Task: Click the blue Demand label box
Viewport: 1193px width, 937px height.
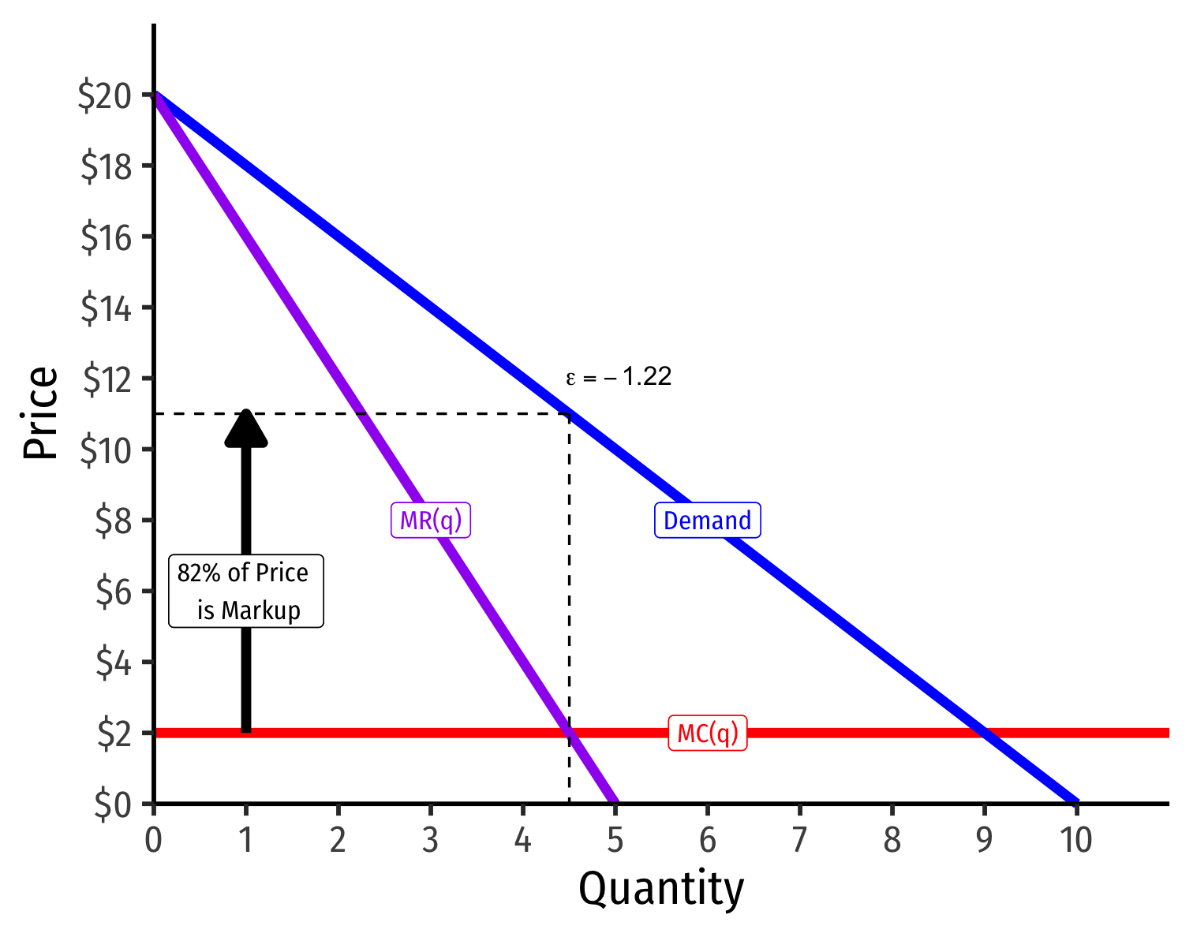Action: click(x=707, y=521)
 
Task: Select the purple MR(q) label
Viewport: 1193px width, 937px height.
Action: click(x=431, y=521)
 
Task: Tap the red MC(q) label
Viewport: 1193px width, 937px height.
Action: click(x=708, y=734)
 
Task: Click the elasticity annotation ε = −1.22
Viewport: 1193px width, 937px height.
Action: click(x=619, y=378)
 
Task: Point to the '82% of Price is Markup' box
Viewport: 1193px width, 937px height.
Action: click(x=245, y=592)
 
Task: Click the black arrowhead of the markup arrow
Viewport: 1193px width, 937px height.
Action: click(x=246, y=429)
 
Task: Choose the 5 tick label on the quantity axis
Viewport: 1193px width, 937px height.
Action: click(x=615, y=842)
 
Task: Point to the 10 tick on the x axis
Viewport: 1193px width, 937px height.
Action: click(x=1075, y=842)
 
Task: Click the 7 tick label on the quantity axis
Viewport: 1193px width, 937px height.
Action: click(x=799, y=842)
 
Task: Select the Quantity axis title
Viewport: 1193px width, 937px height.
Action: click(x=661, y=890)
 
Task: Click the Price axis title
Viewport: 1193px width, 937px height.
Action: click(x=41, y=413)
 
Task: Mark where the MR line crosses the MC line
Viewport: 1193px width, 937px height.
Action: click(x=569, y=733)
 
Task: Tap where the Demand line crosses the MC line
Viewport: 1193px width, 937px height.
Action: click(x=984, y=733)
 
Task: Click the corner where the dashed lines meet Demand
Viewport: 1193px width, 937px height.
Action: click(x=569, y=413)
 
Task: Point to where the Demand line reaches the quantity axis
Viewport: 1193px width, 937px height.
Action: click(x=1076, y=803)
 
